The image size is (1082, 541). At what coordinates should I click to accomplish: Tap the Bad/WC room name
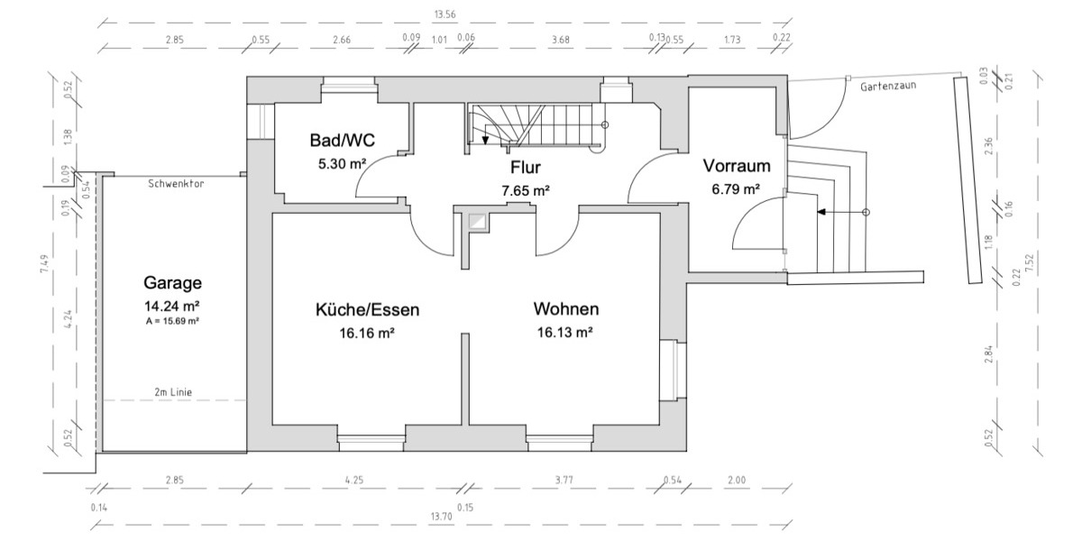tap(342, 141)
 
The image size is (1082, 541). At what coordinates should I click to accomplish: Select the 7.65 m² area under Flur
tap(525, 190)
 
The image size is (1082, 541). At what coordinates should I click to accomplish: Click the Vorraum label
tap(736, 166)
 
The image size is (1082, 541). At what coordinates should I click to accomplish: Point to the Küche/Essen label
tap(367, 309)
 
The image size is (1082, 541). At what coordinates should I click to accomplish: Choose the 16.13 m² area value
tap(564, 332)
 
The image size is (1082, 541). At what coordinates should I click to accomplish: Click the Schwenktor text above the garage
tap(176, 183)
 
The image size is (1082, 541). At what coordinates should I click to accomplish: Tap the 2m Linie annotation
tap(173, 391)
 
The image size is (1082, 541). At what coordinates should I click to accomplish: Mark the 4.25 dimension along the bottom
tap(353, 480)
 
